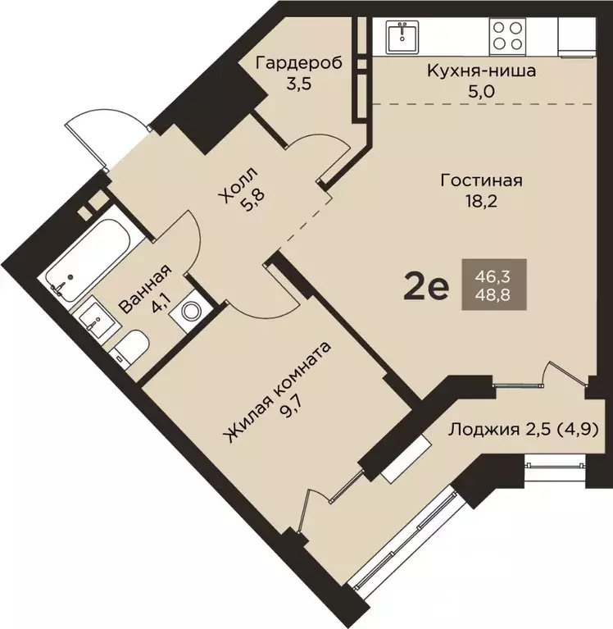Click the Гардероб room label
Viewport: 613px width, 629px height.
coord(299,63)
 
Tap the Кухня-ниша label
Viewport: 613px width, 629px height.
coord(481,71)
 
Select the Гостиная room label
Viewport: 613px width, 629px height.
coord(482,180)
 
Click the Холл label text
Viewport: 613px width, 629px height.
coord(238,185)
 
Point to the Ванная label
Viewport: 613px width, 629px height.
coord(146,289)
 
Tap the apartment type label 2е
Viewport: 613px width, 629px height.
coord(426,285)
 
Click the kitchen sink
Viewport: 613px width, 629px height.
coord(402,37)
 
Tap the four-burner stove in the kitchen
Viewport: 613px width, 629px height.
coord(507,37)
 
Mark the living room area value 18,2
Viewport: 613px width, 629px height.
coord(481,202)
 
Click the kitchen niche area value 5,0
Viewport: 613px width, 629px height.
coord(481,92)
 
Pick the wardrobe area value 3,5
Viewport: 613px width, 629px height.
coord(299,84)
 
